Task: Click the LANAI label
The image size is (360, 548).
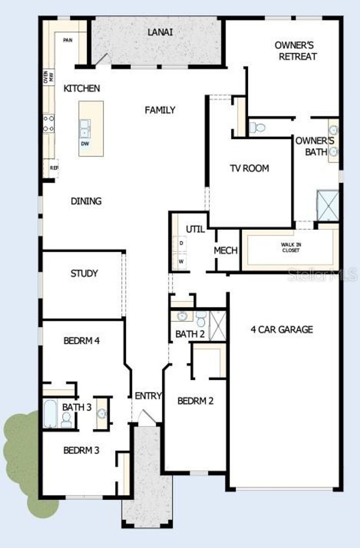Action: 160,32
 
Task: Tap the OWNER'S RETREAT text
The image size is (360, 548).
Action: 295,51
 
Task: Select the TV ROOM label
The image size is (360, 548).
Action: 250,168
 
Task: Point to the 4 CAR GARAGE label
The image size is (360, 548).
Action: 282,329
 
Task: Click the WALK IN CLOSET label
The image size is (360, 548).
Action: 291,247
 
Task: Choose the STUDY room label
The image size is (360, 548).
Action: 84,273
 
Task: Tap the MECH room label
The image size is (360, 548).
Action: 226,251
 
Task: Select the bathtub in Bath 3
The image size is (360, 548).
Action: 50,413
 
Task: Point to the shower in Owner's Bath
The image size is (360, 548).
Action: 328,205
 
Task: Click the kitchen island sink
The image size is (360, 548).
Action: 85,129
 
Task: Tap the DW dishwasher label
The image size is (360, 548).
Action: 85,144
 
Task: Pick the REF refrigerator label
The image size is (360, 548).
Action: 54,168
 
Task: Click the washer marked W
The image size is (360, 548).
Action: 181,262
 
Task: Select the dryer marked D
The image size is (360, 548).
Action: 181,243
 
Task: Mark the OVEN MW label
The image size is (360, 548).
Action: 49,77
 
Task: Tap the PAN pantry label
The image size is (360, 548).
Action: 67,40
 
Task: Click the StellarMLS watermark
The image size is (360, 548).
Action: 322,275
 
